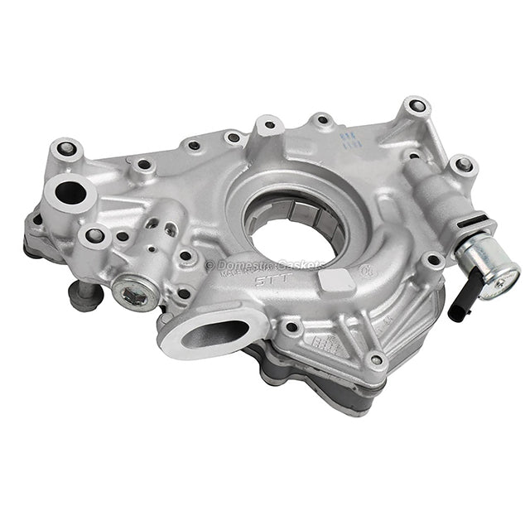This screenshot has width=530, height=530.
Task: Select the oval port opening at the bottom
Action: click(x=214, y=333)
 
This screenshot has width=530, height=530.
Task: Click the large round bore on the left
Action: click(x=71, y=193)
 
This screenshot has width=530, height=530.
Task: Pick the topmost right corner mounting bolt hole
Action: click(x=417, y=107)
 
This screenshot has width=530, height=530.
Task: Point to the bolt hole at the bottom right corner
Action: click(x=376, y=360)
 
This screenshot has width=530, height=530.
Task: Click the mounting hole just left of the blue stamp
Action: click(x=321, y=120)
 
